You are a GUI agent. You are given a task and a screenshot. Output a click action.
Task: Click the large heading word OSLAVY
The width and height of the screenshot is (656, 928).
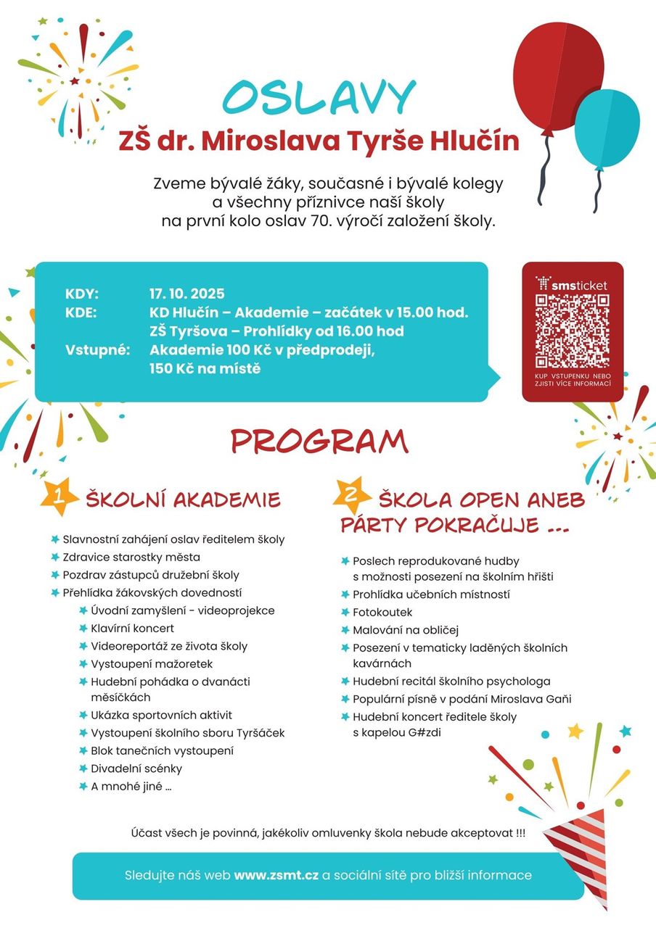point(319,99)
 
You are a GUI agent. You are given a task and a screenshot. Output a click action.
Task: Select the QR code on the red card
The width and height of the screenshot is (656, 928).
point(572,331)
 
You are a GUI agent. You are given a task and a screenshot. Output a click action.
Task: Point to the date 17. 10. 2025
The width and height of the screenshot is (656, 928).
point(187,294)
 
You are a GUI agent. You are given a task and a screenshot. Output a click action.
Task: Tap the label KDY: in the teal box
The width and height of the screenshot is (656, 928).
point(82,294)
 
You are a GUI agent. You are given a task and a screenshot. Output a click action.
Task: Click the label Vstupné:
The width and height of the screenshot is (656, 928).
point(97,350)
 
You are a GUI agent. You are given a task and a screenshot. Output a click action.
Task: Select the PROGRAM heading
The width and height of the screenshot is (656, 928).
point(319,441)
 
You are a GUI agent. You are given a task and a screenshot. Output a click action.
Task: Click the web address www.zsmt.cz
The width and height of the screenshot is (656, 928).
point(276,875)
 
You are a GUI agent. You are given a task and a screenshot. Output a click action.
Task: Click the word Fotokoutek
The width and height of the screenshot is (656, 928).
point(382,613)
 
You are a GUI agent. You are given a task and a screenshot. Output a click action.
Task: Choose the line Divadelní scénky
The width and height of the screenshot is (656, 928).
point(136,768)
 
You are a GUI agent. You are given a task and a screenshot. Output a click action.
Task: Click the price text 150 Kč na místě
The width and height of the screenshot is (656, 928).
point(205,369)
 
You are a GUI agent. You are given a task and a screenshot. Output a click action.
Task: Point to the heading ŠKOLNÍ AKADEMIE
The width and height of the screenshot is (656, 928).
point(183,500)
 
